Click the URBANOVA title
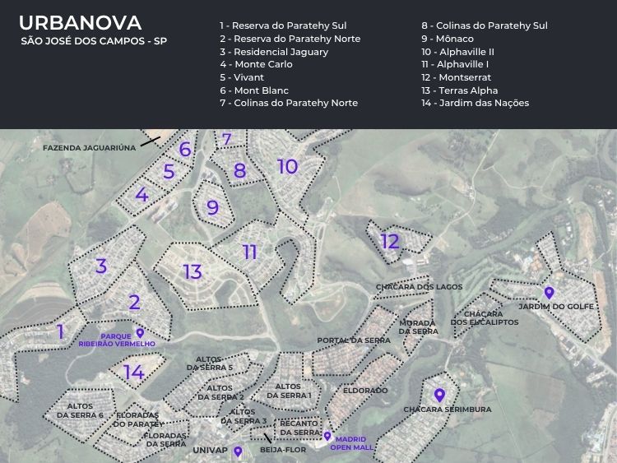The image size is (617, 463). pos(80,23)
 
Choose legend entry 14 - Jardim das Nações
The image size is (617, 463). pos(475,103)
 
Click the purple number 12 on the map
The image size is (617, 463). pos(390,241)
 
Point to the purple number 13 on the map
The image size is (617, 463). pos(193,271)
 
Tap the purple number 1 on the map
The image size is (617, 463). pos(61,331)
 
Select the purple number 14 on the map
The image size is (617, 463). pos(134,373)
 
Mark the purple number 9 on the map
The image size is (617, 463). pos(213,207)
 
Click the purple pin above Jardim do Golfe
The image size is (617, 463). pos(549,293)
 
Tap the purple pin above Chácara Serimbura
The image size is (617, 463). pos(439,396)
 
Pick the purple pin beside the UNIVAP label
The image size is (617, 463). pos(238,451)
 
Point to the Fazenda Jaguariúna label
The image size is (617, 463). pos(89,147)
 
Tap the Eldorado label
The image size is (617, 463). pos(365,391)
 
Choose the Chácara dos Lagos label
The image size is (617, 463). pos(419,287)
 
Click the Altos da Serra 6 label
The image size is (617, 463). pos(80,410)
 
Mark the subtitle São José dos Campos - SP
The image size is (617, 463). pos(94,41)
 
